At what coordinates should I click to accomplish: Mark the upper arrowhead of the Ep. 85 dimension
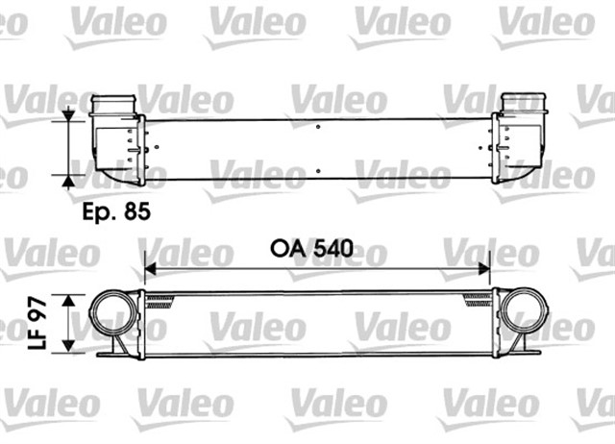click(68, 116)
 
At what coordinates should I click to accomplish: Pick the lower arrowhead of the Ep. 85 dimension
click(68, 179)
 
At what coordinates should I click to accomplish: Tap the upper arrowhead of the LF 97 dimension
click(68, 301)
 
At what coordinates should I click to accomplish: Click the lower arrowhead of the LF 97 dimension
click(68, 347)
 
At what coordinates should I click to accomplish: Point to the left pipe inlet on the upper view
click(113, 104)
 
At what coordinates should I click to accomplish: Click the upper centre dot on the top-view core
click(318, 125)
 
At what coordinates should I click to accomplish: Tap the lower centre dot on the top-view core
click(318, 170)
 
